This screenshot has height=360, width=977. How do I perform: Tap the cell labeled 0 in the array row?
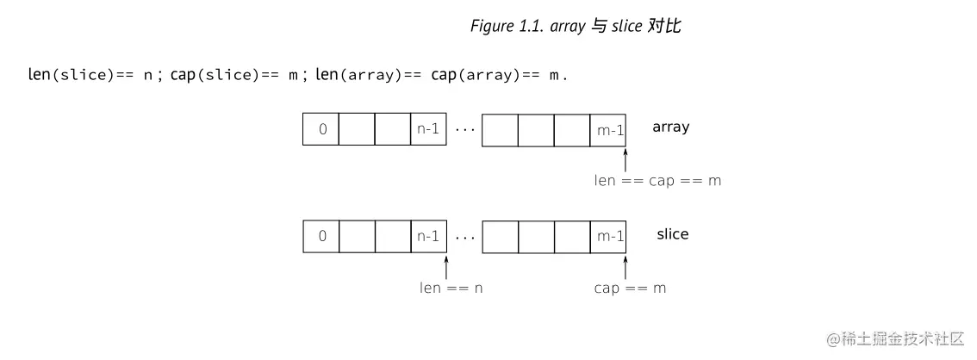(321, 129)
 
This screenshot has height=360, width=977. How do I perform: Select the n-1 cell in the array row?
(428, 129)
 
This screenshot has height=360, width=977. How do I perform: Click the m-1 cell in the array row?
(609, 129)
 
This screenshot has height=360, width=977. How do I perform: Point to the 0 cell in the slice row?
(321, 236)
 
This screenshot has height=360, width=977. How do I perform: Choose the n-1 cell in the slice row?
(428, 236)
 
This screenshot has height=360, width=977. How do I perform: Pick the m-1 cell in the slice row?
(609, 236)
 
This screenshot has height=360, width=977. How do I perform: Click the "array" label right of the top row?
(670, 127)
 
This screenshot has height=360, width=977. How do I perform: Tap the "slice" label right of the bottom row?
(672, 233)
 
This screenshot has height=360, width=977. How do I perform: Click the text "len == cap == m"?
(657, 181)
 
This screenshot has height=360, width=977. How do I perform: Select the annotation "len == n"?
(451, 288)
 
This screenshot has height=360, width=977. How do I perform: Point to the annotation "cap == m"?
(630, 288)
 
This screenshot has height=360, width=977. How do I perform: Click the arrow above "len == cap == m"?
(625, 158)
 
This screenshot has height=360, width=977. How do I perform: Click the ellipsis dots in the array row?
(464, 130)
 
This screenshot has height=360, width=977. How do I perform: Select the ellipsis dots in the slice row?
(464, 237)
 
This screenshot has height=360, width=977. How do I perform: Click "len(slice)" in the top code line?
(71, 75)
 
